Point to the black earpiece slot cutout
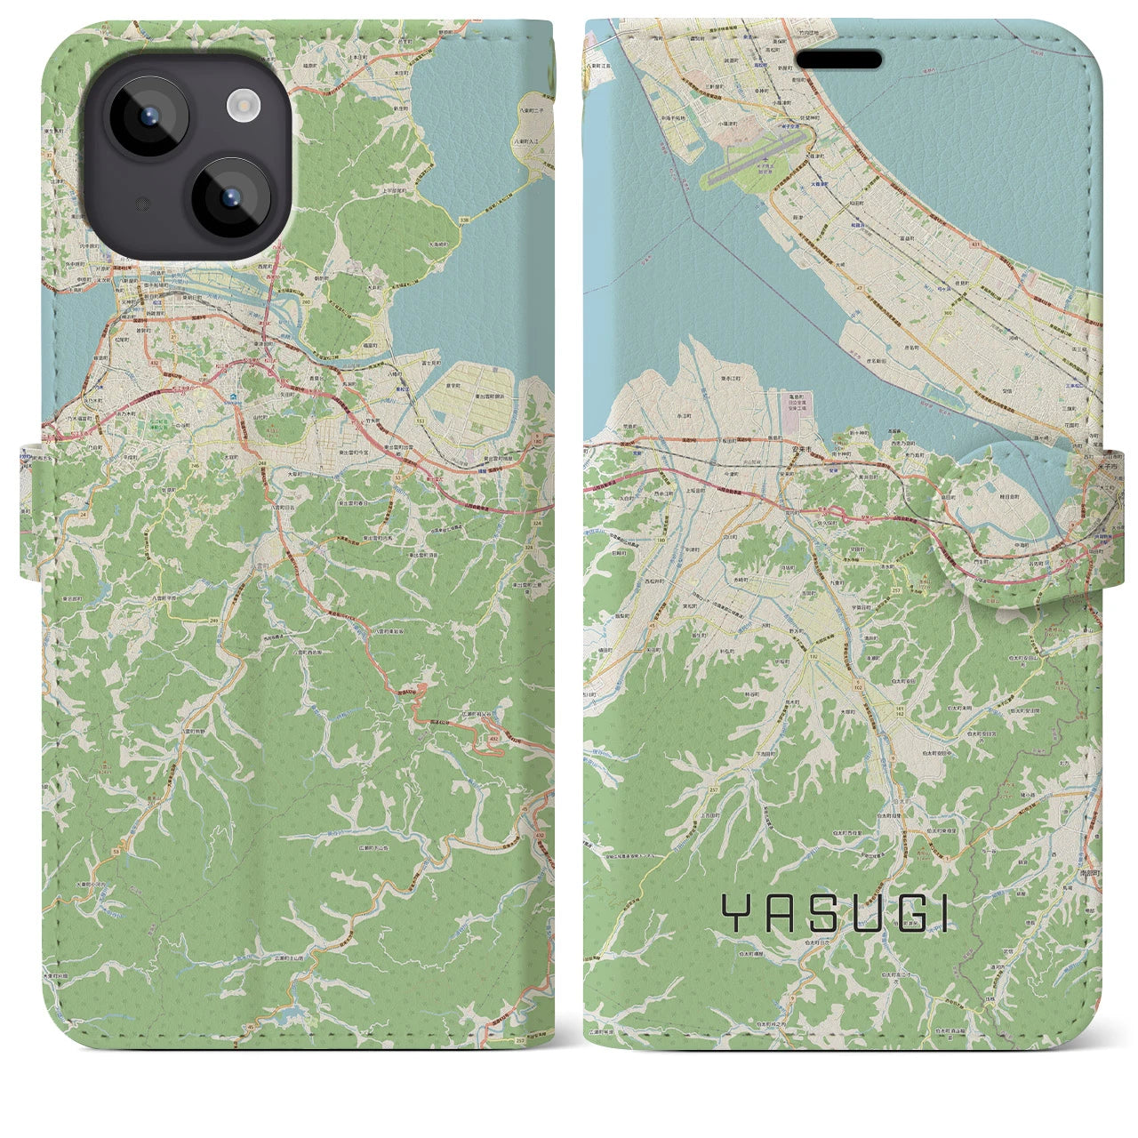[x=837, y=60]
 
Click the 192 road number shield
[x=812, y=655]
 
